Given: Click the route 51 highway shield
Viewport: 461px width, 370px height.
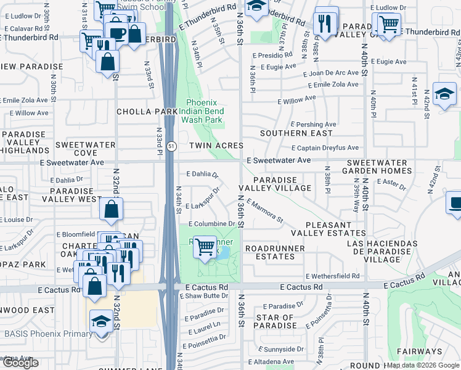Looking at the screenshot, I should (x=172, y=146).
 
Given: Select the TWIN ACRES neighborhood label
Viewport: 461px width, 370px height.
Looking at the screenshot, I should (x=216, y=146).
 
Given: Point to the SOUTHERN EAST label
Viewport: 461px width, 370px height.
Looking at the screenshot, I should (x=292, y=133).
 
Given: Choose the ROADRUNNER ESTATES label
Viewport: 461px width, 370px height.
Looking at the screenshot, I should (x=274, y=252).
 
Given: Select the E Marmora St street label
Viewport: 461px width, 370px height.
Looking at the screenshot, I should (x=264, y=211).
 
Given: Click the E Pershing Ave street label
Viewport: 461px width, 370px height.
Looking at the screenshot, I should (x=313, y=125).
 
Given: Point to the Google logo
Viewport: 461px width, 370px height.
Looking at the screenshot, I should (x=20, y=363).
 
